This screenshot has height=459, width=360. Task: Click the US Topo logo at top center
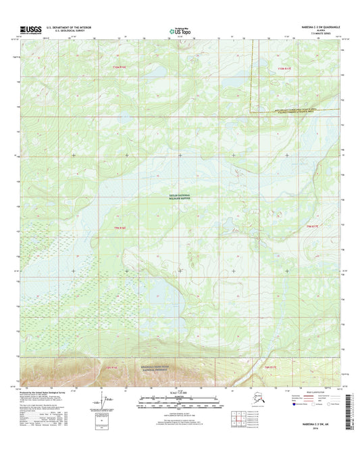pos(179,30)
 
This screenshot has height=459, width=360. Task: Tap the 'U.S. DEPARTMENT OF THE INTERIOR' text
pos(68,26)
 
